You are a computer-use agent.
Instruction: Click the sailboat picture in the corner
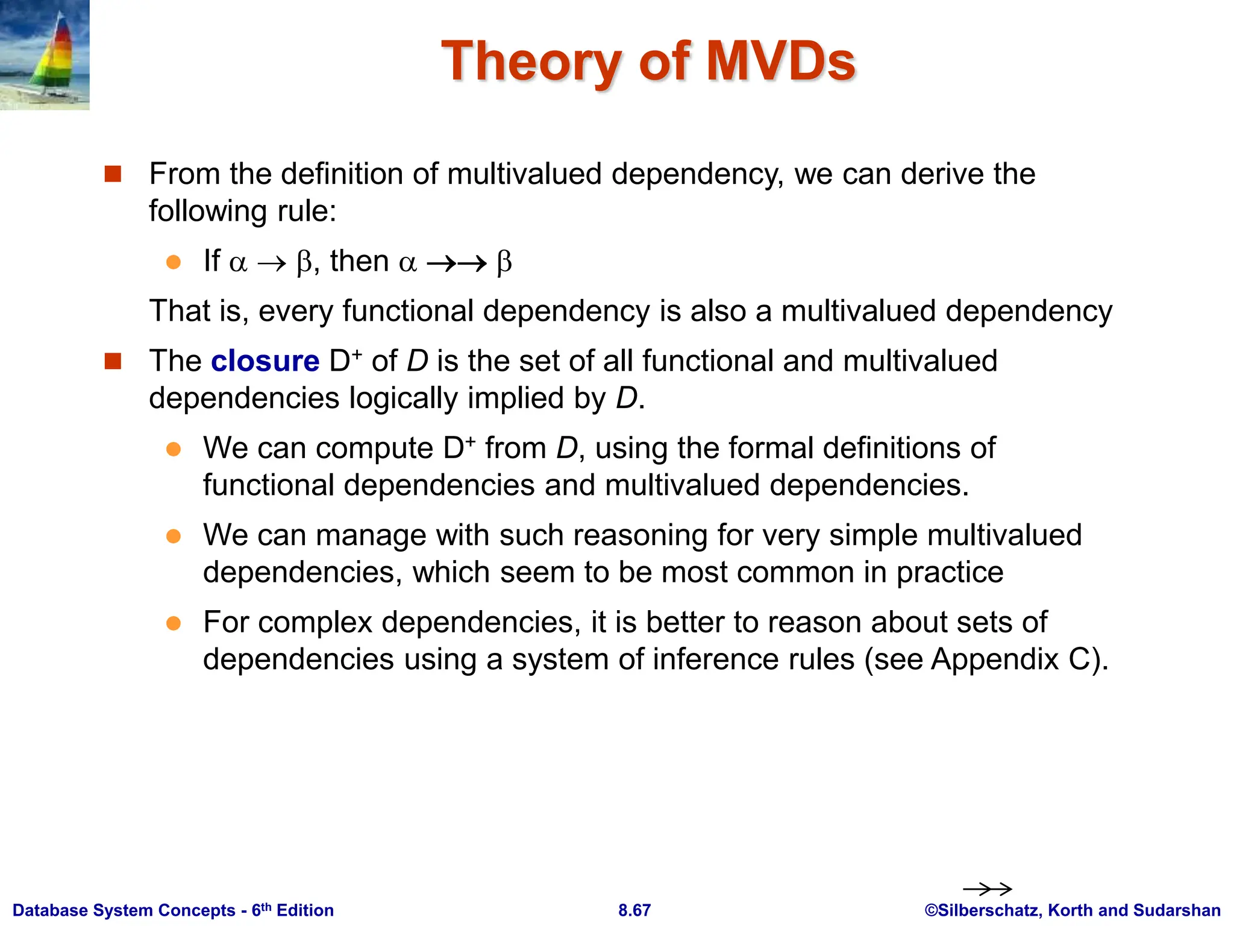(x=45, y=55)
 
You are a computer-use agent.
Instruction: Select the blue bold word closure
(x=265, y=361)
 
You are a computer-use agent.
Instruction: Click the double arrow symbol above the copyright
(x=987, y=889)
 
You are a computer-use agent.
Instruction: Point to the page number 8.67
(x=634, y=910)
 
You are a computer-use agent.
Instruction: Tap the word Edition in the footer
(x=305, y=910)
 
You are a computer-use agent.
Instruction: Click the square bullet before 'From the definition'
(x=113, y=174)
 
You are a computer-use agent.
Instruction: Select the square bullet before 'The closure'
(x=113, y=361)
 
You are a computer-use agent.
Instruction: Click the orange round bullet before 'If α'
(x=174, y=262)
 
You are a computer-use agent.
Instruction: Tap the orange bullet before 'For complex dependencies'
(x=174, y=623)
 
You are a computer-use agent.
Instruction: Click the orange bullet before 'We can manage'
(x=174, y=536)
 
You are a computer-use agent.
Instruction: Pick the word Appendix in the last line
(x=994, y=659)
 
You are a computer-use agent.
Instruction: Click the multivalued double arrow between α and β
(x=456, y=263)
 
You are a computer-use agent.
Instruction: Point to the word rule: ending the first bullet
(x=306, y=211)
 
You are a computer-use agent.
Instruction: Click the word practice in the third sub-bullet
(x=950, y=572)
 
